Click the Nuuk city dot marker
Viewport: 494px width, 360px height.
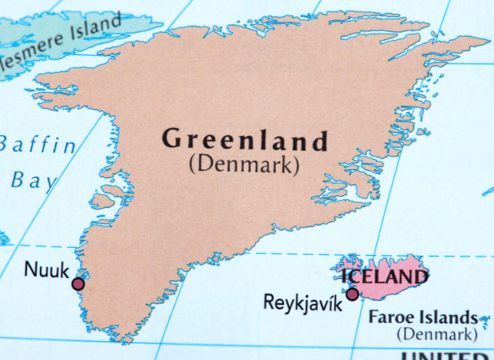coord(77,284)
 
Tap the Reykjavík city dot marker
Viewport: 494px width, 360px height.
coord(352,294)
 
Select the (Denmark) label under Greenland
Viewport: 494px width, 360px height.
coord(243,164)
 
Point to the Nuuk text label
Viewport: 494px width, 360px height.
coord(46,269)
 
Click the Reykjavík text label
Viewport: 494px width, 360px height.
coord(303,301)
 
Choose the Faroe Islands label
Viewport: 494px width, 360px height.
coord(422,317)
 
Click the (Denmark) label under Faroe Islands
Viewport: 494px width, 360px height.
coord(436,334)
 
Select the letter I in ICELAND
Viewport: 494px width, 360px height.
coord(347,277)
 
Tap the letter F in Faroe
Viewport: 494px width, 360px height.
coord(374,317)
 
